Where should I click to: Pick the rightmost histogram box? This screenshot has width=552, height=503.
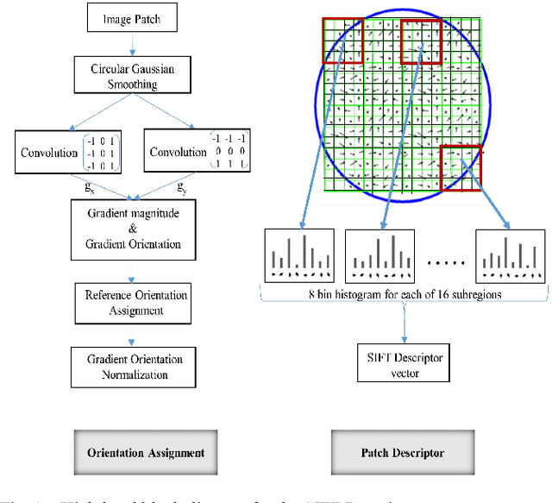509,255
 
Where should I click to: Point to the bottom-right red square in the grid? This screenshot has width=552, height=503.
460,167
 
